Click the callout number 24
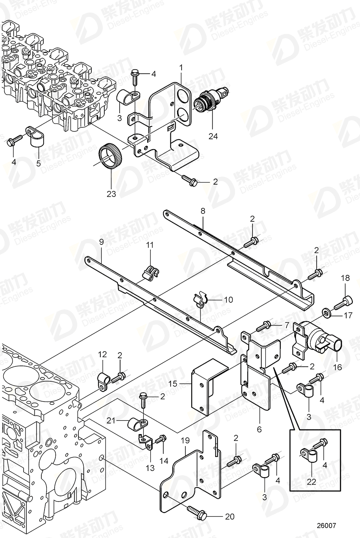213,136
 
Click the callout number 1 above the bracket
181,67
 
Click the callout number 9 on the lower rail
101,242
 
